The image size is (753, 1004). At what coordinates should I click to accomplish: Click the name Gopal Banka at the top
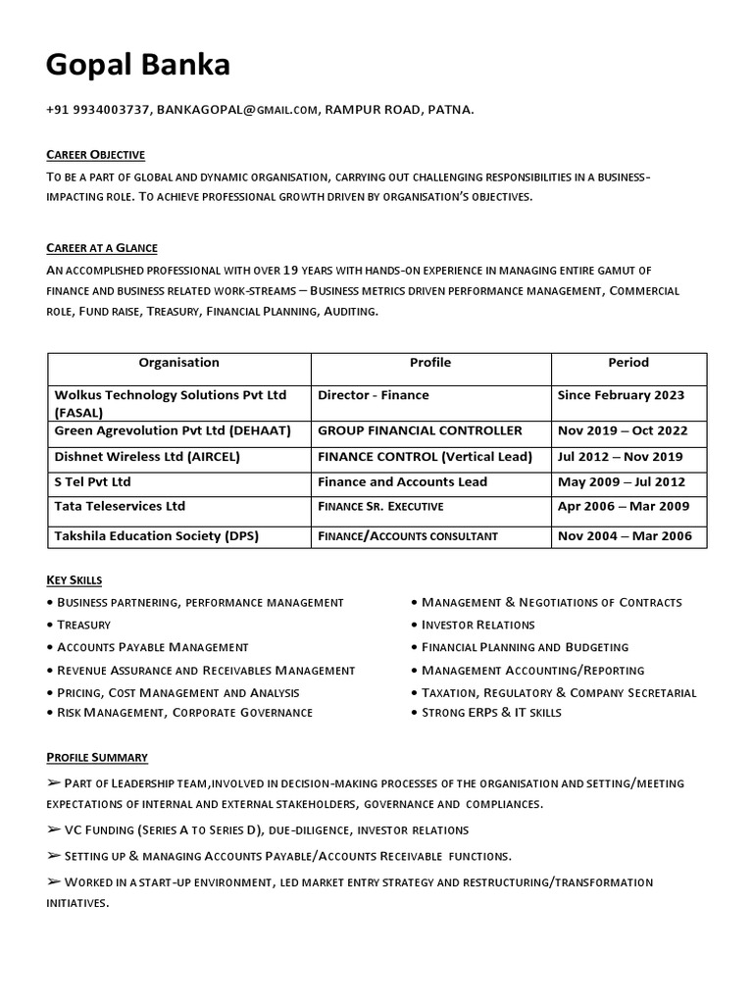point(138,65)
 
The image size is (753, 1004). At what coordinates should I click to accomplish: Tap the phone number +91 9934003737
point(97,110)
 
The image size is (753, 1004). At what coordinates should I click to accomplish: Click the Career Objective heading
point(96,155)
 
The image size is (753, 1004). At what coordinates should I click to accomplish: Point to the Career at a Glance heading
point(102,248)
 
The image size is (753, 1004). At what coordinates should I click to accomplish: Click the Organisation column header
point(179,363)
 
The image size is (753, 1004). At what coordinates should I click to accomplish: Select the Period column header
point(628,363)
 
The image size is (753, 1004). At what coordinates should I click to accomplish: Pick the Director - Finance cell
point(374,395)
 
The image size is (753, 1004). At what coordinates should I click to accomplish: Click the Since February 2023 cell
point(621,395)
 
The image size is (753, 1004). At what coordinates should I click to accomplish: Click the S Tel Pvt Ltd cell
point(93,482)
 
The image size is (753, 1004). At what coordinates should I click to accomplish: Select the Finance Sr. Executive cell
point(380,507)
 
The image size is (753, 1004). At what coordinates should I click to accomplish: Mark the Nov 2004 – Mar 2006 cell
point(625,536)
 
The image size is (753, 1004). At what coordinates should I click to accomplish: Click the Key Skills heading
point(75,580)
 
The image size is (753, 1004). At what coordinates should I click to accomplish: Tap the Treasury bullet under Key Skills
point(83,625)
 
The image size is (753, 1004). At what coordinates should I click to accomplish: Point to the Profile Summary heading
point(97,757)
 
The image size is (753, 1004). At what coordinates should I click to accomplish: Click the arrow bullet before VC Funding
point(54,829)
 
